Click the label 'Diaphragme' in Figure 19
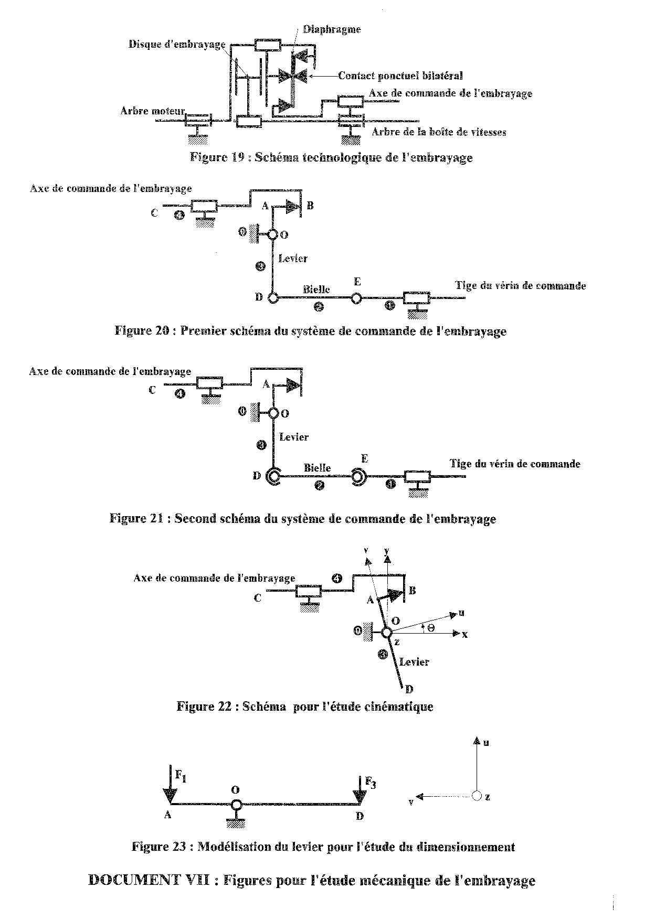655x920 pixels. pos(332,29)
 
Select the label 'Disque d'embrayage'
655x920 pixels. pos(177,44)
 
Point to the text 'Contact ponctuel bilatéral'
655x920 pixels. pos(400,76)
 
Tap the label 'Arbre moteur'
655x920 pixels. pos(152,111)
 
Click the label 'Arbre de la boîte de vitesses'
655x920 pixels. pos(439,132)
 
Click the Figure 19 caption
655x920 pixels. pos(331,157)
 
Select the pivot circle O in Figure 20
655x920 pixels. pos(272,234)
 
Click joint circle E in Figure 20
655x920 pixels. pos(356,298)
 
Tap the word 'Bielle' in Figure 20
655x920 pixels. pos(316,289)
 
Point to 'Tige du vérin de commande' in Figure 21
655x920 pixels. pos(515,464)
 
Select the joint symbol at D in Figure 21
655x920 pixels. pos(273,476)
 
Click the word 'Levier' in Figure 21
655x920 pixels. pos(294,437)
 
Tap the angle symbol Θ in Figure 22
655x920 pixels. pos(430,627)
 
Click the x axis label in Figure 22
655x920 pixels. pos(464,635)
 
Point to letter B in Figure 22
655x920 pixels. pos(412,591)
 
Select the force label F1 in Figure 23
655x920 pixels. pos(181,775)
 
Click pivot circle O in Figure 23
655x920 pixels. pos(236,804)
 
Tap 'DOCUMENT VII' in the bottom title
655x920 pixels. pos(149,880)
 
